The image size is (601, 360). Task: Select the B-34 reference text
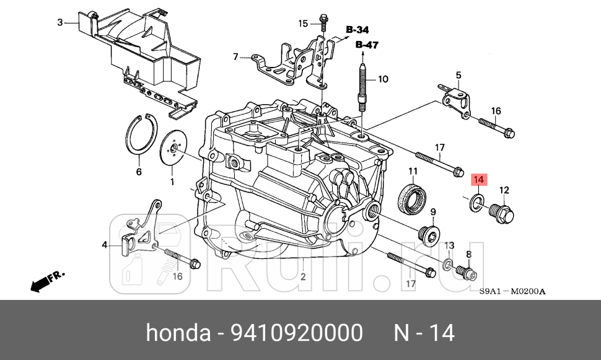[x=358, y=30]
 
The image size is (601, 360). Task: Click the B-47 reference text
[x=367, y=45]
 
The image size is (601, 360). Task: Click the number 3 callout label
[x=60, y=23]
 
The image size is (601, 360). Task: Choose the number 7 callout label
[x=235, y=57]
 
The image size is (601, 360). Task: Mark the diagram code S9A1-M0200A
[x=512, y=292]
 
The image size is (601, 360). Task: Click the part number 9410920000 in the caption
[x=297, y=333]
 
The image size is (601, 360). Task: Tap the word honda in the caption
[x=178, y=333]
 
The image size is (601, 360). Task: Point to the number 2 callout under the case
[x=303, y=276]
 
